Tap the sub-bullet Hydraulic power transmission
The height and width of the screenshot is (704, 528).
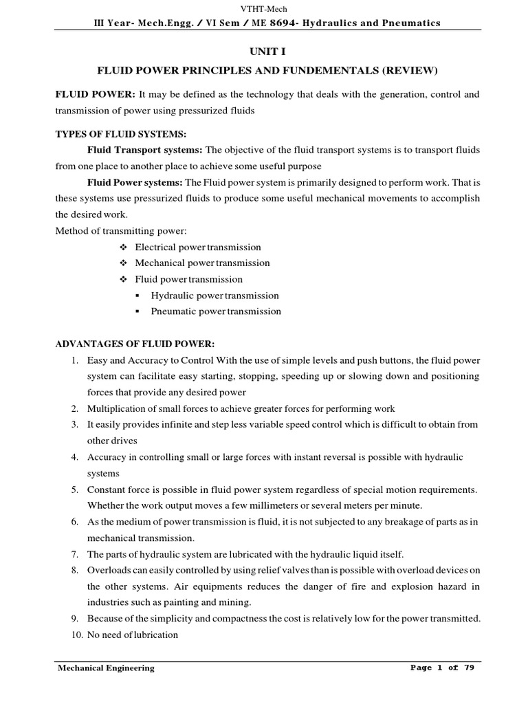coord(214,296)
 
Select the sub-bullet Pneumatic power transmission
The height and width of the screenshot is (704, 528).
coord(216,311)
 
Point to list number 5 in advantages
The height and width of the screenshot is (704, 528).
coord(74,489)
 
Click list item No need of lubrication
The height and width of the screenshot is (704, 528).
coord(133,635)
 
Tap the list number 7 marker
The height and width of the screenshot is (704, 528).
coord(74,554)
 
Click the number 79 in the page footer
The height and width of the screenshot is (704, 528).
coord(468,668)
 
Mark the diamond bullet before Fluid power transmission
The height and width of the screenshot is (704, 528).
coord(123,280)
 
